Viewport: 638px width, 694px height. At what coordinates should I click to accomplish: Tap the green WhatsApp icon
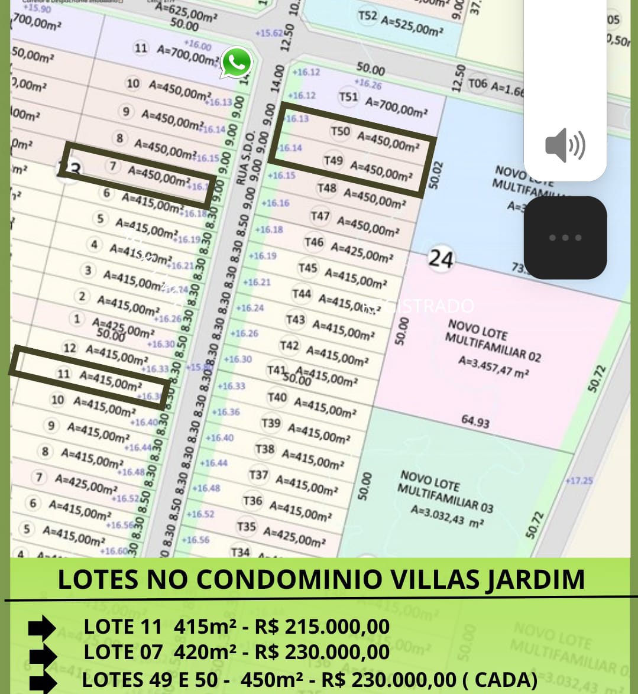(x=237, y=62)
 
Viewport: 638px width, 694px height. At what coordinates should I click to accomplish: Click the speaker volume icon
(x=565, y=145)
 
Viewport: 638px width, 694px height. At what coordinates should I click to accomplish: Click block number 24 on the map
(x=441, y=259)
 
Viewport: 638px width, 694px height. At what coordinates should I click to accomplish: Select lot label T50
(x=340, y=131)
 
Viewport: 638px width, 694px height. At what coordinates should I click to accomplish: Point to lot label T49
(x=333, y=160)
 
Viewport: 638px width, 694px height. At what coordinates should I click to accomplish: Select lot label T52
(x=367, y=15)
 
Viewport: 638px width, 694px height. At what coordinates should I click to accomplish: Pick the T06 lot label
(x=478, y=83)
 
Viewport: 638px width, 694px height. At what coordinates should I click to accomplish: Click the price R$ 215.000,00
(x=322, y=627)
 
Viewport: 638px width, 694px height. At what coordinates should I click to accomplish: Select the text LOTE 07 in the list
(x=123, y=652)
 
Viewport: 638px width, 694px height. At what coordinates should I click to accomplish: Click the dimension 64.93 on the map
(x=475, y=421)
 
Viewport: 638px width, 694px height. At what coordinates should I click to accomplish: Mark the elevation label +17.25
(x=579, y=480)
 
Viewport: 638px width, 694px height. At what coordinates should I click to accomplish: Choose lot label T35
(x=246, y=526)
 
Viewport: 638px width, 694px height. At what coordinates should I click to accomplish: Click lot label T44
(x=301, y=293)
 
